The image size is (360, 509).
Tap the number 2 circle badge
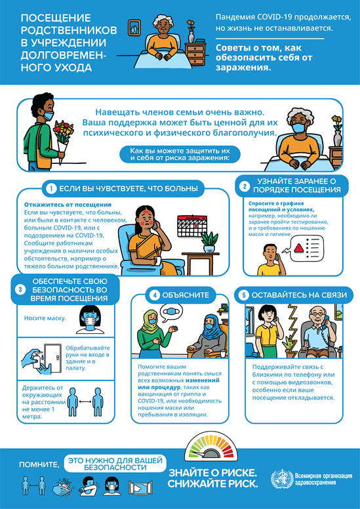tap(245, 186)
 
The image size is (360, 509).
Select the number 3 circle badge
tap(20, 290)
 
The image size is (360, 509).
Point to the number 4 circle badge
tap(155, 295)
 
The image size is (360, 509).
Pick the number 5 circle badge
tap(244, 295)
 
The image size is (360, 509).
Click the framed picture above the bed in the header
tap(134, 28)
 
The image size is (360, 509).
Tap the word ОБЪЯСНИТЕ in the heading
tap(185, 295)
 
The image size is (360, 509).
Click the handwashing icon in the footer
tap(65, 485)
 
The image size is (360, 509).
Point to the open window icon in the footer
tap(139, 487)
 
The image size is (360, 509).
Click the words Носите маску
tap(45, 318)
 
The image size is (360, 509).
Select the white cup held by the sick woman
tap(158, 260)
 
